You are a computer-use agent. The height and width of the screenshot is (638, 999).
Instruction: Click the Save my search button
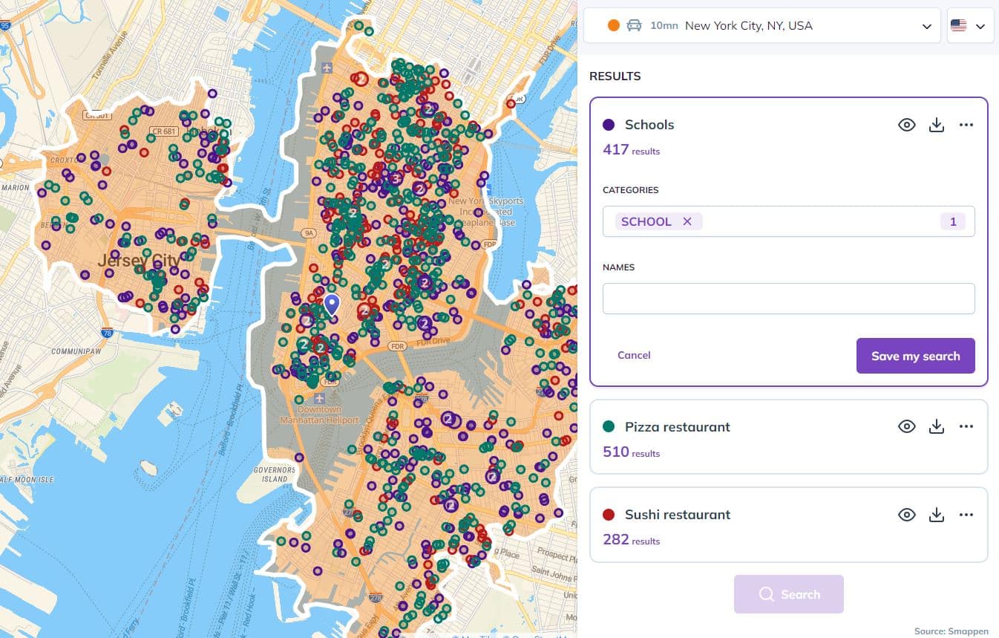coord(915,356)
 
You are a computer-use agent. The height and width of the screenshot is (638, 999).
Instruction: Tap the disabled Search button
coord(788,594)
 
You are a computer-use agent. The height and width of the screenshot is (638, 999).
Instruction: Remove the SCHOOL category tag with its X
coord(687,221)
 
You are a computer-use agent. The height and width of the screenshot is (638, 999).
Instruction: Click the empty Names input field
coord(788,299)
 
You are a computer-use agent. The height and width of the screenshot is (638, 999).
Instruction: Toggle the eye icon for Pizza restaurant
coord(906,426)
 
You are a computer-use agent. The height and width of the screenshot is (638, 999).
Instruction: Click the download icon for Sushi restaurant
coord(937,514)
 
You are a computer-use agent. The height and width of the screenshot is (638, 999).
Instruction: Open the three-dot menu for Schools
coord(966,125)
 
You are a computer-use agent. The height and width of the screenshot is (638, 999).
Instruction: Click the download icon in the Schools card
coord(937,125)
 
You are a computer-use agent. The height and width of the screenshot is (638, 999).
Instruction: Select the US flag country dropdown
coord(970,26)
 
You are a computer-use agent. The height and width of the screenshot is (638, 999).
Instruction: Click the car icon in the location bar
coord(634,25)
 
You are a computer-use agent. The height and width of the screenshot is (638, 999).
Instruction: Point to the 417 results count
coord(616,149)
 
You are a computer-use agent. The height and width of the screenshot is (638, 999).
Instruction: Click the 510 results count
coord(616,452)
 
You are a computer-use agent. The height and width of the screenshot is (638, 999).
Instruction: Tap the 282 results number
coord(616,539)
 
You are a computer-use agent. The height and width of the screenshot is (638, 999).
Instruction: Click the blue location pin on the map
coord(332,303)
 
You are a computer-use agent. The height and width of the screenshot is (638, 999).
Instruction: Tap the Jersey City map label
coord(139,261)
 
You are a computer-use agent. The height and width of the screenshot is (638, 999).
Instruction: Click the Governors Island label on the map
coord(275,474)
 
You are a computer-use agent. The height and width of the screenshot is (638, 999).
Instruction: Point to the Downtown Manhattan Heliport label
coord(319,414)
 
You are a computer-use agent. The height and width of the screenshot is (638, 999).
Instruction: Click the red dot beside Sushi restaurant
coord(609,514)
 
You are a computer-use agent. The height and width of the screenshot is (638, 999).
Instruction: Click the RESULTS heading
coord(615,76)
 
